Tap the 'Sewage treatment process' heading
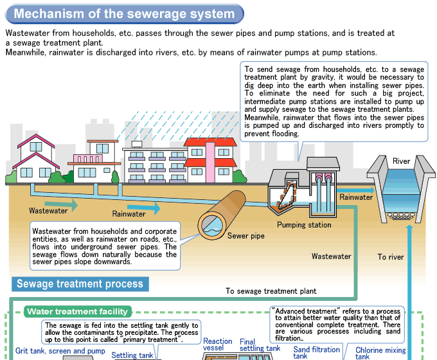point(80,283)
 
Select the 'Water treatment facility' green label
point(78,312)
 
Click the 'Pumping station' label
point(304,225)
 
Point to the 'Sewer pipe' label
point(245,236)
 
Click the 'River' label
point(401,161)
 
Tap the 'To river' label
point(391,257)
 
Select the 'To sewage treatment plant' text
point(271,291)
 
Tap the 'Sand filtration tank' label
point(316,352)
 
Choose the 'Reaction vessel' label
point(217,345)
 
